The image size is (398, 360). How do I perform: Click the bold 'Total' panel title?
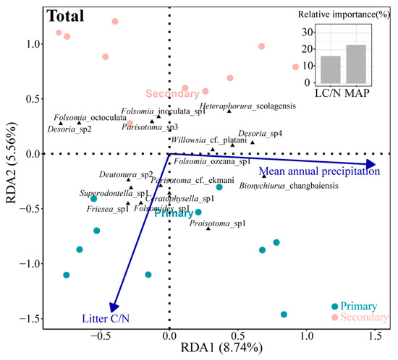point(65,16)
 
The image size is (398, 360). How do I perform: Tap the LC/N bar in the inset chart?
point(331,69)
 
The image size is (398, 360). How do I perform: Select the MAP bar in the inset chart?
point(356,64)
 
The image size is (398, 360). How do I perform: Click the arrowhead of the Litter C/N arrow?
point(114,307)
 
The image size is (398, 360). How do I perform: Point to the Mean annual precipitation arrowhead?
point(371,164)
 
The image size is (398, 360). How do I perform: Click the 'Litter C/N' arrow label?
point(106,319)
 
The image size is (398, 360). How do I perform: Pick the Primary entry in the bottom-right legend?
point(355,307)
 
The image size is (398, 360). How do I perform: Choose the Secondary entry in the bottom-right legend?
point(360,317)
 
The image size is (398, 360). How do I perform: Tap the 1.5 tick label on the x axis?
point(375,336)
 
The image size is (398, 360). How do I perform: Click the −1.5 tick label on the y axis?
point(30,318)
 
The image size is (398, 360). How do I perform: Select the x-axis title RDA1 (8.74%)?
point(221,347)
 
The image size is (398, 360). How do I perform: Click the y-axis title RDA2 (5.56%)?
point(11,163)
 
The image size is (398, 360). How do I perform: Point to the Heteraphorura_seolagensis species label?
point(247,106)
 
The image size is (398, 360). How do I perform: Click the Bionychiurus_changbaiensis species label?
point(289,186)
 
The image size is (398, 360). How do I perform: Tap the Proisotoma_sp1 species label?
point(218,223)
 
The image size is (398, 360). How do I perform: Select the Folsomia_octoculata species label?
point(90,118)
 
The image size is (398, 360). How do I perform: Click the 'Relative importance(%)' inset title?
point(344,14)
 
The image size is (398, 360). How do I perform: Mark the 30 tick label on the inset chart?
point(307,33)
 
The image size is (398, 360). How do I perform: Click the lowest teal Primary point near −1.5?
point(284,314)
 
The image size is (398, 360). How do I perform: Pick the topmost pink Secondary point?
point(115,21)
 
